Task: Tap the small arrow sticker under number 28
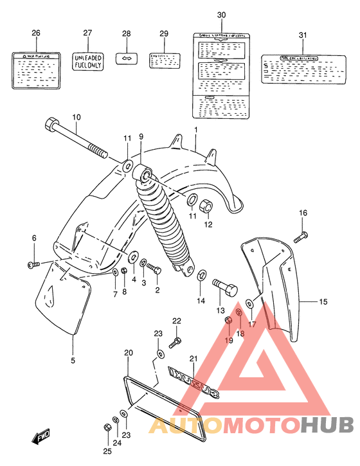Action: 126,58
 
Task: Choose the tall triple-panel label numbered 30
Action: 222,76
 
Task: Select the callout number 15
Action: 323,301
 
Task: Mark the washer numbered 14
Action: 201,276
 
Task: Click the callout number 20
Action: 128,353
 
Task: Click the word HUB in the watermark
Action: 327,425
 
